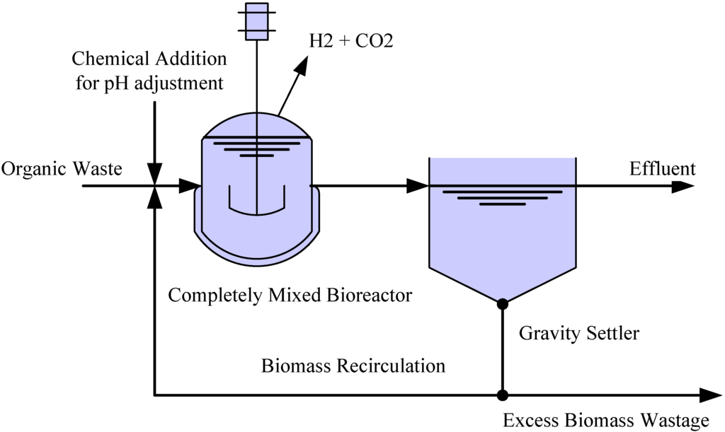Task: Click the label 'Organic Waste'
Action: point(62,169)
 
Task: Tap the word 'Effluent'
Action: point(662,169)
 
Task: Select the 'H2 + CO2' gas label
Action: point(350,42)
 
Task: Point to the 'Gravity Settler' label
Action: point(578,332)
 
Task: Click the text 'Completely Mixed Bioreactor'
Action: point(290,295)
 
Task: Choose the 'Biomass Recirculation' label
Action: point(353,366)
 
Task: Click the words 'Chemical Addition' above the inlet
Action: point(149,58)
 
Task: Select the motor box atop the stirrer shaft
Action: point(256,21)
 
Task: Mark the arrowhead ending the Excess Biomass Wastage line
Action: point(709,395)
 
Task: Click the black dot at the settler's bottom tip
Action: point(503,304)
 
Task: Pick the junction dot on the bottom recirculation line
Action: point(503,395)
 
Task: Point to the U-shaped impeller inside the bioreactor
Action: point(256,202)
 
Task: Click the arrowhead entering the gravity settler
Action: point(418,187)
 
